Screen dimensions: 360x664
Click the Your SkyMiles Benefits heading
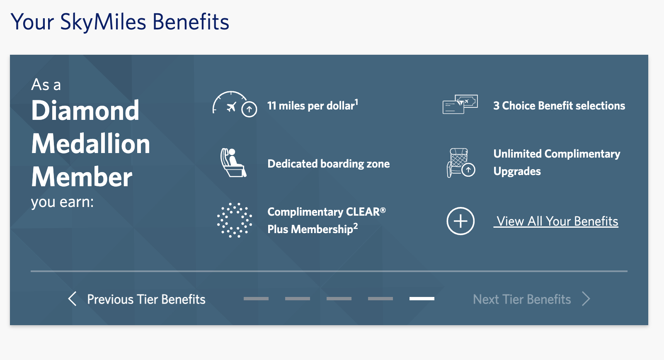pyautogui.click(x=120, y=22)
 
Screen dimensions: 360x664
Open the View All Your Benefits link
pyautogui.click(x=557, y=221)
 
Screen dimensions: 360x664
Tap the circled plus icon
pyautogui.click(x=460, y=221)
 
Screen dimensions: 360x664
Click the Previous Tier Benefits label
pyautogui.click(x=146, y=299)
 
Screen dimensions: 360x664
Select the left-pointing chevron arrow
pyautogui.click(x=72, y=299)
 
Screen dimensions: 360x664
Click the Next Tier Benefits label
pyautogui.click(x=522, y=299)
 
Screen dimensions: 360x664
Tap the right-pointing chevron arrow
pyautogui.click(x=586, y=299)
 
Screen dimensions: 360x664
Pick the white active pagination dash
pyautogui.click(x=422, y=299)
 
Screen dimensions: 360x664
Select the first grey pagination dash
pyautogui.click(x=256, y=299)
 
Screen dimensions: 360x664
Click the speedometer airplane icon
pyautogui.click(x=234, y=104)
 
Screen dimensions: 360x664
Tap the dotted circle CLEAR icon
pyautogui.click(x=234, y=220)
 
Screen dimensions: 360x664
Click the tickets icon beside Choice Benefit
pyautogui.click(x=460, y=104)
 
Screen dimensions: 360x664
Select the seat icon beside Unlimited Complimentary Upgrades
pyautogui.click(x=460, y=163)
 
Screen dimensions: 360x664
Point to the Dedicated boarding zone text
pyautogui.click(x=328, y=164)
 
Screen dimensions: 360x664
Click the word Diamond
pyautogui.click(x=85, y=111)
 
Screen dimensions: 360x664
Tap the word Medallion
pyautogui.click(x=91, y=144)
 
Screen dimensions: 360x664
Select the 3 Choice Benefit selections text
pyautogui.click(x=559, y=106)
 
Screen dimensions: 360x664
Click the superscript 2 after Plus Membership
pyautogui.click(x=356, y=226)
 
